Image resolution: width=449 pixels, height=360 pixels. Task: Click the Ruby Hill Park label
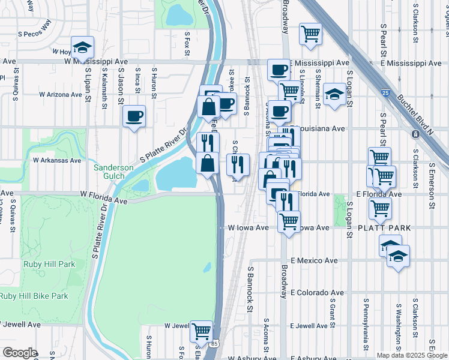(49, 264)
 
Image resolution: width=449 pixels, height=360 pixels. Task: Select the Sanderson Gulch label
(117, 172)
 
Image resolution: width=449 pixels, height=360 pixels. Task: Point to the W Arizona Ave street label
(60, 95)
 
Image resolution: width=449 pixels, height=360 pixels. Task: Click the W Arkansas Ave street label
(56, 161)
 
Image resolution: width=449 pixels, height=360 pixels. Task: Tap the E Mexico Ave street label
(314, 261)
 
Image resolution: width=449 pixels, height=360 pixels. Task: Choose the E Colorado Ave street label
(317, 293)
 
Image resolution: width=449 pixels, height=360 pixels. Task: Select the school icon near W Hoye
(82, 47)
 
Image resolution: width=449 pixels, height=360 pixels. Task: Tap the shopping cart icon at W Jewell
(202, 331)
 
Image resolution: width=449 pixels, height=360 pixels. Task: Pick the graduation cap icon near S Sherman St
(334, 94)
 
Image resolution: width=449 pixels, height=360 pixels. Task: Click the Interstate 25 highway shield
(385, 93)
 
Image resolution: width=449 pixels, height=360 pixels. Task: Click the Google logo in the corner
(20, 353)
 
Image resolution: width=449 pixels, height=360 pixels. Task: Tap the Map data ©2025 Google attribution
(412, 355)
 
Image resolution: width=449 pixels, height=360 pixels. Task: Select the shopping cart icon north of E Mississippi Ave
(310, 33)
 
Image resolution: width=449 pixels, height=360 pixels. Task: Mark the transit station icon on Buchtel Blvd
(414, 134)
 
